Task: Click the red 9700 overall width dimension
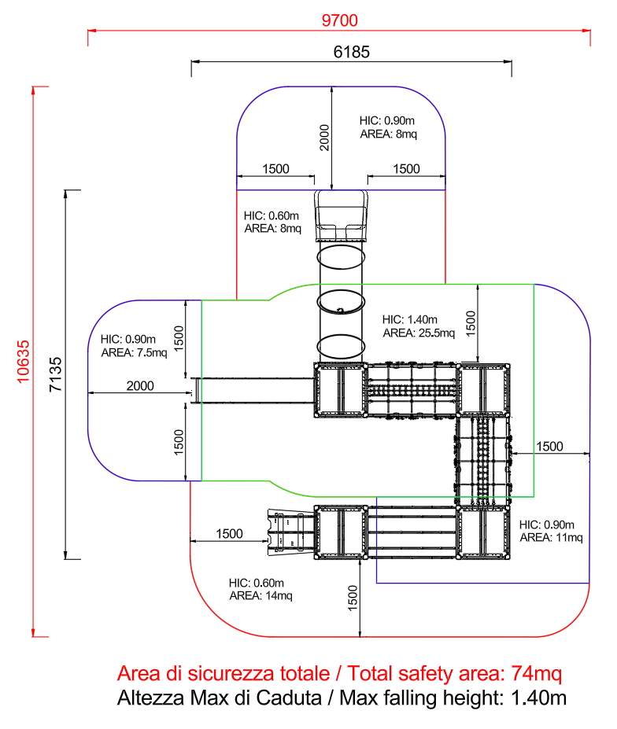coord(339,20)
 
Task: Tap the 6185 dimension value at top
coord(352,52)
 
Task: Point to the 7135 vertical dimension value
coord(54,375)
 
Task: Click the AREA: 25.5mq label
coord(419,333)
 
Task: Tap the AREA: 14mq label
coord(260,595)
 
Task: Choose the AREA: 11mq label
coord(551,537)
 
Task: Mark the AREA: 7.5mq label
coord(134,352)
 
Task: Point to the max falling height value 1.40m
coord(536,698)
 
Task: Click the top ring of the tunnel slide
coord(341,257)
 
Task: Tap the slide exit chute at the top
coord(342,215)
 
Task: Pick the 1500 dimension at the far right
coord(549,446)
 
